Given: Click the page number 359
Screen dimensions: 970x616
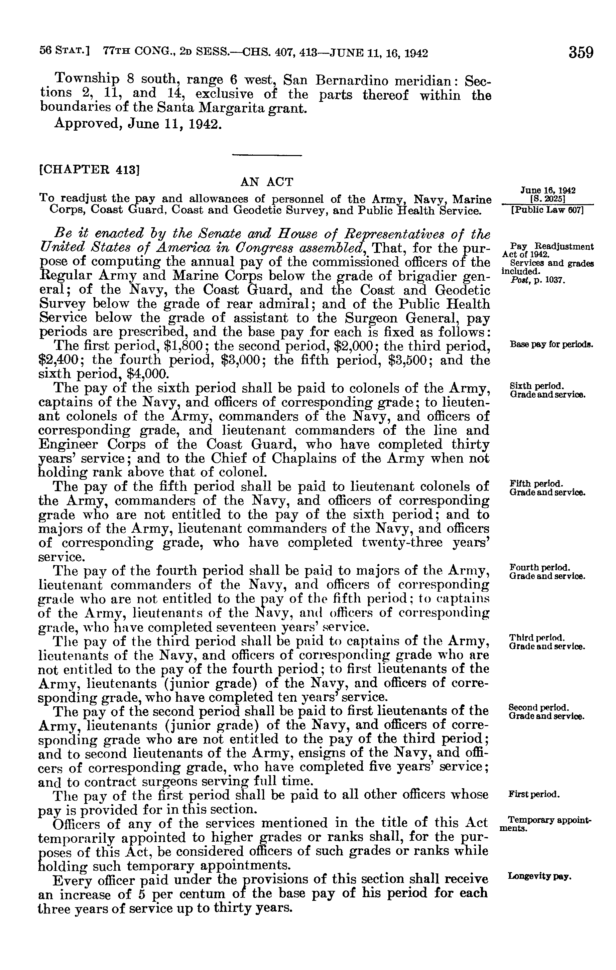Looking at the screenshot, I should [581, 53].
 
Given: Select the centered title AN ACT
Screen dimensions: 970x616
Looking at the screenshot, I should [267, 182].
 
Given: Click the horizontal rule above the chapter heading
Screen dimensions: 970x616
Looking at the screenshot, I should [267, 155].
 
